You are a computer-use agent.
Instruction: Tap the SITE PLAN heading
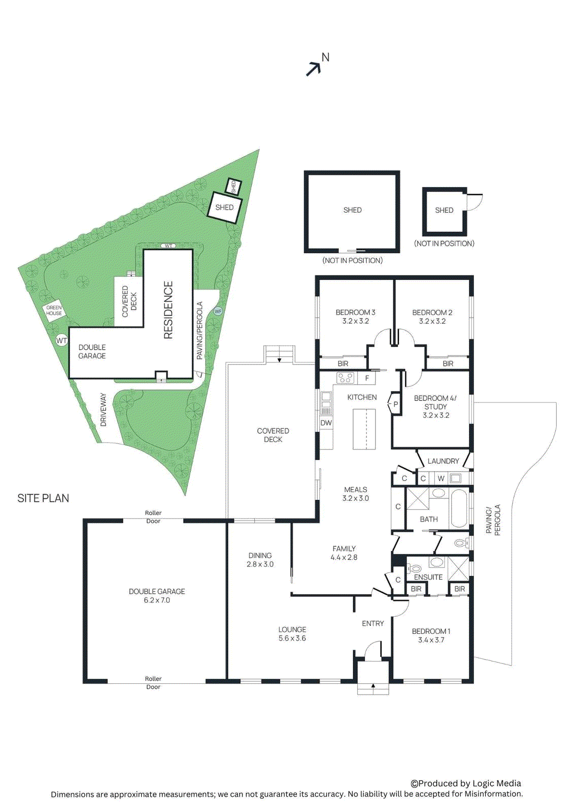pos(43,498)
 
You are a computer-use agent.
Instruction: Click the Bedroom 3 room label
pos(355,317)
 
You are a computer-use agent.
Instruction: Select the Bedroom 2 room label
pos(432,317)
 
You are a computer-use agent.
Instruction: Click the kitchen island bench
pos(365,429)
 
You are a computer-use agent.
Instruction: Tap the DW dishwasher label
pos(326,423)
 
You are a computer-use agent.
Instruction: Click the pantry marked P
pos(395,404)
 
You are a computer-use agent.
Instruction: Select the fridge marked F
pos(367,378)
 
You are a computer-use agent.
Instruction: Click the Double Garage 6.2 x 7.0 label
pos(156,596)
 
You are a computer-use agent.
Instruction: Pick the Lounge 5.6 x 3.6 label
pos(292,634)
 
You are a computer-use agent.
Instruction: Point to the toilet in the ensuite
pos(415,568)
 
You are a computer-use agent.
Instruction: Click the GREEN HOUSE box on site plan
pos(54,310)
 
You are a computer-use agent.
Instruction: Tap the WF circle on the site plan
pos(218,311)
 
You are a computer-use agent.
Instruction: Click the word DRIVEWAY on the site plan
pos(104,410)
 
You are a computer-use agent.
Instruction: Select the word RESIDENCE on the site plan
pos(168,310)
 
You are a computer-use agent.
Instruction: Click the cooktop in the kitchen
pos(346,378)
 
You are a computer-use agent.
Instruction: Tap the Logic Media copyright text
pos(466,783)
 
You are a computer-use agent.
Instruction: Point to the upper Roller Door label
pos(153,517)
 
